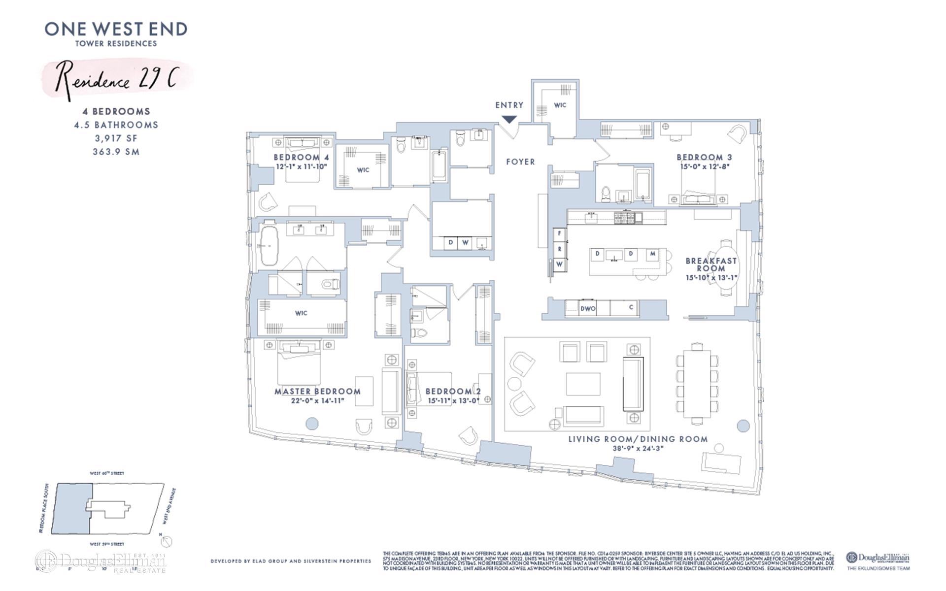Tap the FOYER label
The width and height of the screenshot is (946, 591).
point(520,162)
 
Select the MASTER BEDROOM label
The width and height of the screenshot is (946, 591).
point(317,392)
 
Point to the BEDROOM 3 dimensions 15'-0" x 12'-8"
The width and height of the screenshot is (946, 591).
point(704,166)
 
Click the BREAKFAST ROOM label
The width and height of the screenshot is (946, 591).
point(711,264)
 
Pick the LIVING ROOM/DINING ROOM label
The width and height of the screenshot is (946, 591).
point(638,439)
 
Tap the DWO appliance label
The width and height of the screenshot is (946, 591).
point(588,309)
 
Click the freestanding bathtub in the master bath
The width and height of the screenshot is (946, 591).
point(270,246)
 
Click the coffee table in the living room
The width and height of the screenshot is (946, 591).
point(583,384)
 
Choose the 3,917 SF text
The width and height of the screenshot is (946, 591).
point(116,138)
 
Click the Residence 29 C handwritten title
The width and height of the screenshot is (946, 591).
point(116,80)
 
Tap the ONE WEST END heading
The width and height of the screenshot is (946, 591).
point(116,29)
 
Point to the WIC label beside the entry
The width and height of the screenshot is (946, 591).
point(560,105)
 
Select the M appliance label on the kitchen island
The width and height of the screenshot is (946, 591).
point(653,254)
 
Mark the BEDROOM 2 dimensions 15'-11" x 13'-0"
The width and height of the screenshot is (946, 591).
point(453,401)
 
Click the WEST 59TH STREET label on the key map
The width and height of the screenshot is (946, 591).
point(107,544)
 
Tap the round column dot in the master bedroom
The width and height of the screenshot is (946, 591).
point(312,423)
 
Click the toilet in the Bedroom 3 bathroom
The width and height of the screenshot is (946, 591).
point(606,194)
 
